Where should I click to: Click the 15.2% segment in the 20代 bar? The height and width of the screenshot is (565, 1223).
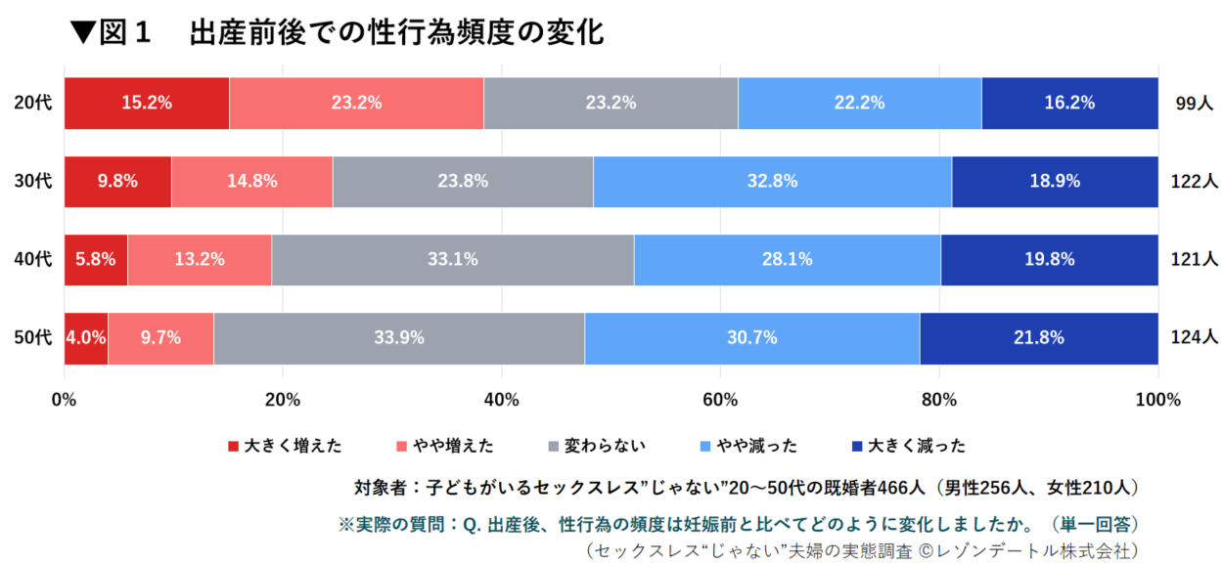point(147,102)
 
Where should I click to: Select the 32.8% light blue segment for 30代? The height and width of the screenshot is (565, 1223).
point(772,181)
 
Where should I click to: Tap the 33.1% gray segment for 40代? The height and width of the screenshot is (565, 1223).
point(452,259)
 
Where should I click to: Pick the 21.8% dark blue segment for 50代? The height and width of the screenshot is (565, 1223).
point(1039,337)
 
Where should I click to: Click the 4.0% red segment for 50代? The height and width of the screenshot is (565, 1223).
point(86,337)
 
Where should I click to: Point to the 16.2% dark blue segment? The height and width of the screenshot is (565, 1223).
point(1069,102)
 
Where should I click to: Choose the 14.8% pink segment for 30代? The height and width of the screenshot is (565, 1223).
point(251,181)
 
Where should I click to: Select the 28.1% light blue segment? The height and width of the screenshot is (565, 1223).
point(787,259)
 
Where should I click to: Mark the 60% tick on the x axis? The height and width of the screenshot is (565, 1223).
point(720,399)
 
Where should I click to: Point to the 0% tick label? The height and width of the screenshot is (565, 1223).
point(65,399)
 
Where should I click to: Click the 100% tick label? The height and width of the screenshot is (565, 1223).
point(1157,399)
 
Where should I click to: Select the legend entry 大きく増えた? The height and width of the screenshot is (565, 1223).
point(285,446)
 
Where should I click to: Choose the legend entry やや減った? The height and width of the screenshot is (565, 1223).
point(747,446)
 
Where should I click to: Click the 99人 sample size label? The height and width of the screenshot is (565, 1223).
point(1194,103)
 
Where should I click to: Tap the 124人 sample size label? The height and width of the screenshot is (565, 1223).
point(1194,337)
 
